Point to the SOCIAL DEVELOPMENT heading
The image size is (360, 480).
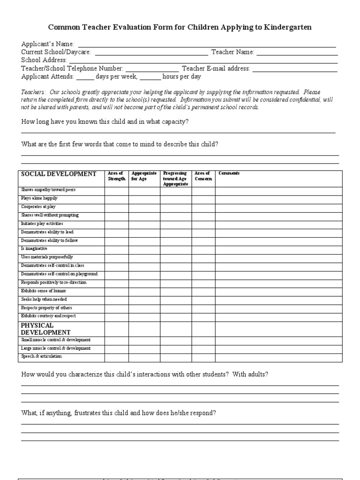click(x=59, y=174)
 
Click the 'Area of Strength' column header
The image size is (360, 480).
click(x=116, y=176)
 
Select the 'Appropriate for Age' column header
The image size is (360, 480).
click(x=144, y=176)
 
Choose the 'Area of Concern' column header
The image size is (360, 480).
click(x=203, y=176)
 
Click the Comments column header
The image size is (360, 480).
click(x=229, y=173)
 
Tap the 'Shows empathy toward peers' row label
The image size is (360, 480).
click(x=48, y=190)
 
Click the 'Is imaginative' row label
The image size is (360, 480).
click(x=34, y=248)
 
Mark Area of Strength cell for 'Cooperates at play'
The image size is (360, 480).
click(x=116, y=207)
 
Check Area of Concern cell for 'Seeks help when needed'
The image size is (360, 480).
click(x=203, y=300)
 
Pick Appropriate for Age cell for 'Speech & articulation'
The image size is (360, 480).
click(x=144, y=357)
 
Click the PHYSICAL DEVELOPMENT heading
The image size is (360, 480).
click(x=45, y=329)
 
